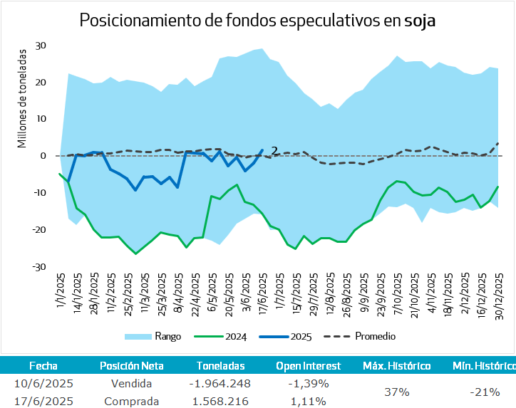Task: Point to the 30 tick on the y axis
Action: coord(41,45)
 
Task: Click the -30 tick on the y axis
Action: coord(39,267)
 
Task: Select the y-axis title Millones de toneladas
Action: coord(22,98)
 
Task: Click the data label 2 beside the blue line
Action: coord(274,151)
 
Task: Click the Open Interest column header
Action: coord(309,366)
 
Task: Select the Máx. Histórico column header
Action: coord(396,366)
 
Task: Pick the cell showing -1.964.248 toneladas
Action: coord(221,383)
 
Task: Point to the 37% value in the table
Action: coord(396,392)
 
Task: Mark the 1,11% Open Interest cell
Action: coord(309,401)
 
